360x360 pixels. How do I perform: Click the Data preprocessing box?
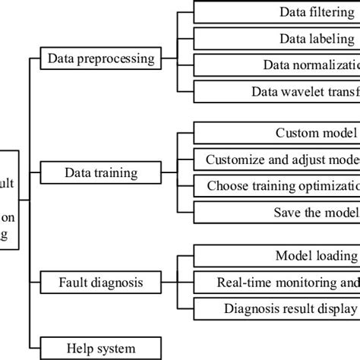tap(111, 58)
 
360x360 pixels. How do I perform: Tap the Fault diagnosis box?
tap(102, 283)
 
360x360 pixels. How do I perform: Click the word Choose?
tap(227, 186)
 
